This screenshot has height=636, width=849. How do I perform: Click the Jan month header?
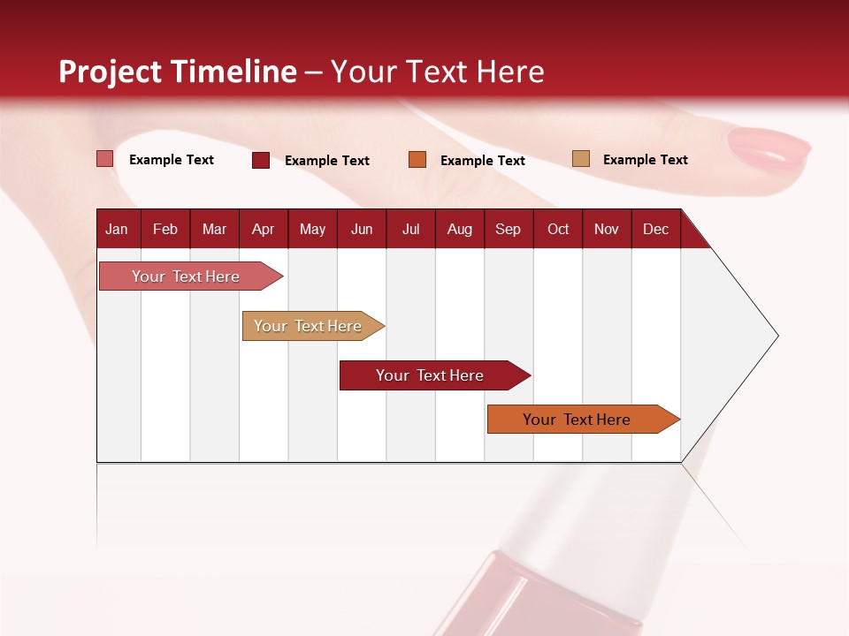118,229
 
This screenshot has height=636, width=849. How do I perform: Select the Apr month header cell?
264,229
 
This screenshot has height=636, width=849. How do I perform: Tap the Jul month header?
411,229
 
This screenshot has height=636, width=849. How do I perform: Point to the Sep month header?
509,229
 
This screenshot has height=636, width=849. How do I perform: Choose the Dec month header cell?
655,229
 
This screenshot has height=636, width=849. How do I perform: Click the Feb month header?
165,229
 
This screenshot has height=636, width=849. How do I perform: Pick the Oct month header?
558,229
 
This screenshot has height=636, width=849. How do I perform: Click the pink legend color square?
105,159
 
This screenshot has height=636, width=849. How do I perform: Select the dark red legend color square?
261,160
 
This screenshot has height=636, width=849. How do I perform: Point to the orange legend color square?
417,160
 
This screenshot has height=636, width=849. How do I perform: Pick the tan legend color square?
580,159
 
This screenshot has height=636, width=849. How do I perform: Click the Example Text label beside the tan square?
645,160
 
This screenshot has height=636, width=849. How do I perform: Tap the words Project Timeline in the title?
178,72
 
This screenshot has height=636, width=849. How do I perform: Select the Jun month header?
362,229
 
